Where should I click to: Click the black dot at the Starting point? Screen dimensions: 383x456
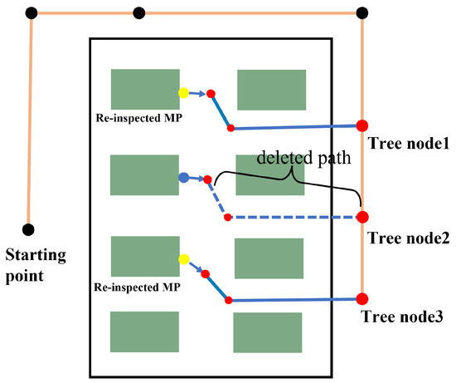[x=28, y=228]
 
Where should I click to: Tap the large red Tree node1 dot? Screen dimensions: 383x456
[x=361, y=125]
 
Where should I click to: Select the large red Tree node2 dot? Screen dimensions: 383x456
[x=361, y=218]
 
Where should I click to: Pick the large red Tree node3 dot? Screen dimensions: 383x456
[x=361, y=299]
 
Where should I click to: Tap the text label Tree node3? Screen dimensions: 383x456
[x=402, y=317]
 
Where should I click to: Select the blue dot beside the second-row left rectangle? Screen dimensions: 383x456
[x=183, y=177]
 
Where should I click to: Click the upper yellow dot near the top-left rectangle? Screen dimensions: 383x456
[x=183, y=93]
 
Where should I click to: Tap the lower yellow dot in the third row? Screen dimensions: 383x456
[x=183, y=258]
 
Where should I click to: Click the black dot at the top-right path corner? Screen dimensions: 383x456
[x=361, y=12]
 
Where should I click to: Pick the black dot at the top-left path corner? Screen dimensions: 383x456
[x=32, y=12]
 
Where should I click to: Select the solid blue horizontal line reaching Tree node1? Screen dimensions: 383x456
[x=294, y=126]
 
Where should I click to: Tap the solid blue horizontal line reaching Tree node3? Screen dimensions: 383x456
[x=294, y=299]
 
